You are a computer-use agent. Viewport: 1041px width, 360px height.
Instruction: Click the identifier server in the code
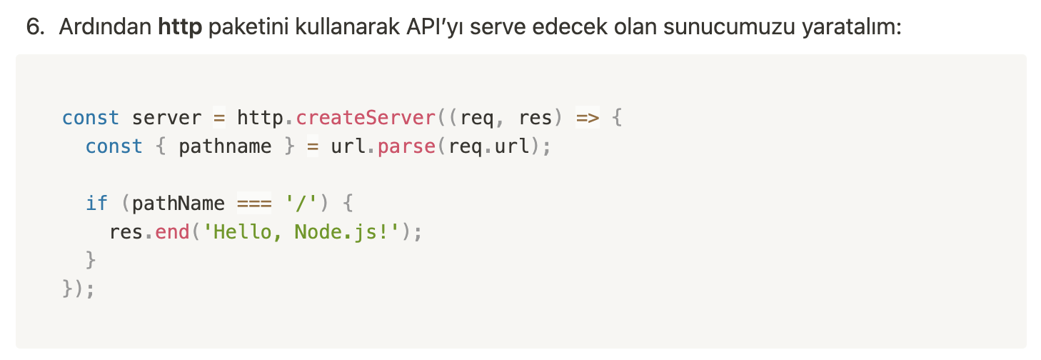tap(167, 117)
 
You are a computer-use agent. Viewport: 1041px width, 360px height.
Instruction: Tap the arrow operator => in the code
tap(587, 117)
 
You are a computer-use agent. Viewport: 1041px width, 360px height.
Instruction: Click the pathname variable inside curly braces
tap(225, 146)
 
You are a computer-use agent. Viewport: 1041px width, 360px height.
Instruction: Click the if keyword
tap(96, 204)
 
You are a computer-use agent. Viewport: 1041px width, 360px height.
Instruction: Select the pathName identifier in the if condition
tap(178, 204)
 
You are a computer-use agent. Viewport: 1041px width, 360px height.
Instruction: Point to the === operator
tap(254, 204)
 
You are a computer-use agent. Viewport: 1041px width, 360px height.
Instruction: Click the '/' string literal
tap(301, 204)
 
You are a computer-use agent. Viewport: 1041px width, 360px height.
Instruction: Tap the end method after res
tap(172, 232)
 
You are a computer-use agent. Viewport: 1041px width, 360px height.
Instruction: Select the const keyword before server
tap(91, 117)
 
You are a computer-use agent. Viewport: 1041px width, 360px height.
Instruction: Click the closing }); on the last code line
tap(79, 289)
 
